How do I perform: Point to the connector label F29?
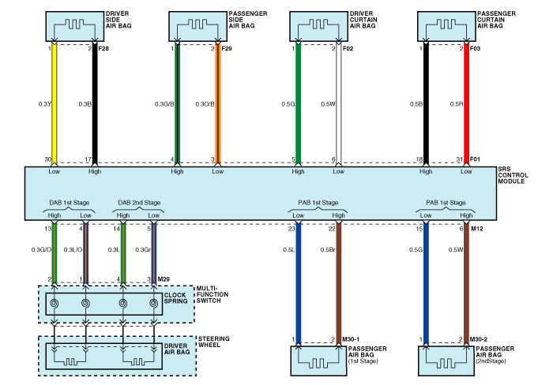tap(228, 49)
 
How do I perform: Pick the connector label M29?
tap(164, 279)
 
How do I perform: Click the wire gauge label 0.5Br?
tap(326, 250)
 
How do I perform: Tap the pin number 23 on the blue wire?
tap(291, 229)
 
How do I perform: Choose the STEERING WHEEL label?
tap(213, 342)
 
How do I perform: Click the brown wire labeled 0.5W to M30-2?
tap(467, 284)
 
